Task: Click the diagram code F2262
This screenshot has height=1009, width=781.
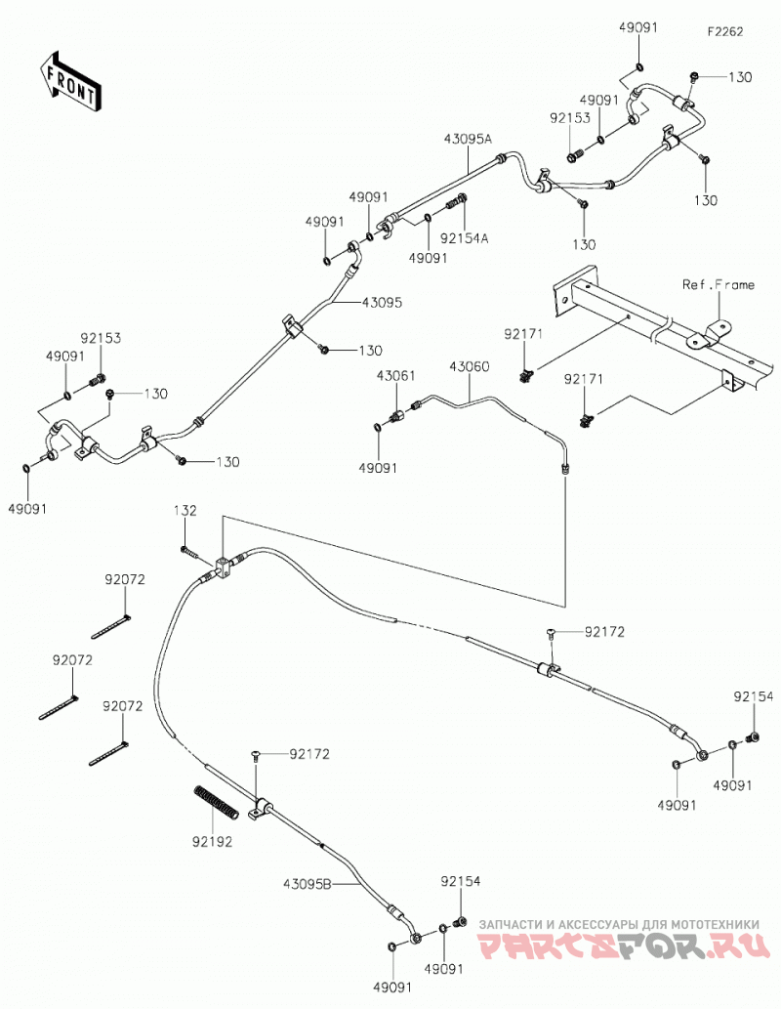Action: pos(725,31)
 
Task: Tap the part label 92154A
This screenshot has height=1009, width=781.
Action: pos(465,238)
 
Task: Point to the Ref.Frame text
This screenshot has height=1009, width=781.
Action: pos(719,284)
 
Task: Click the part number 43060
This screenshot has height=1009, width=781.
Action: pos(469,367)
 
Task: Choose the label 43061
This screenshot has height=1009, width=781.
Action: pos(395,375)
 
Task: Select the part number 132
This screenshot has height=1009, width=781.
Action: pos(185,510)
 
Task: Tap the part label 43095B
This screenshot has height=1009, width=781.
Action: pos(308,884)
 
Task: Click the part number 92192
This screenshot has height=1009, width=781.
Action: pos(212,841)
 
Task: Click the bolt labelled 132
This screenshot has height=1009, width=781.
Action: pos(188,552)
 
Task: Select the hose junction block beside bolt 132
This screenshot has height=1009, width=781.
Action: pos(222,568)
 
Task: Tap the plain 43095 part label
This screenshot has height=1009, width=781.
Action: pos(382,302)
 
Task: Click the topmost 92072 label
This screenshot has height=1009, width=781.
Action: pos(125,580)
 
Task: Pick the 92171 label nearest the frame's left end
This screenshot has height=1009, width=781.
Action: pos(523,334)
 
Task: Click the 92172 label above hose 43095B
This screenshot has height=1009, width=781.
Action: pos(309,753)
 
